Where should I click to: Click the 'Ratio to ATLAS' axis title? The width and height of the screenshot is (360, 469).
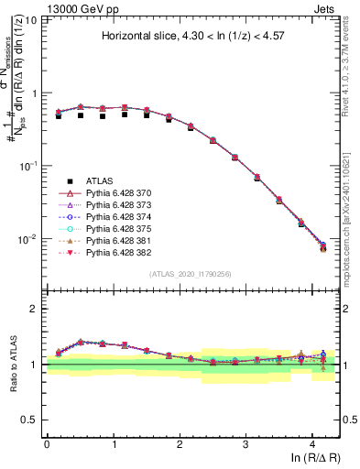tap(12, 364)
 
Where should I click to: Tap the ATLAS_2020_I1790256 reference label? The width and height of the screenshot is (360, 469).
tap(191, 274)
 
